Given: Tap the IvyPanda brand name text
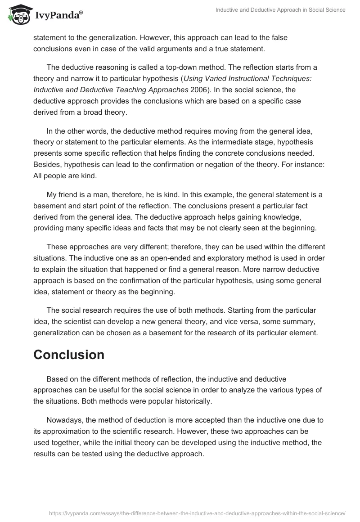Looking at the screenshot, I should (x=57, y=15).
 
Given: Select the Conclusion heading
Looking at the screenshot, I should (x=69, y=355).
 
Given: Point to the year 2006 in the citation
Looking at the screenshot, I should (x=198, y=90).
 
